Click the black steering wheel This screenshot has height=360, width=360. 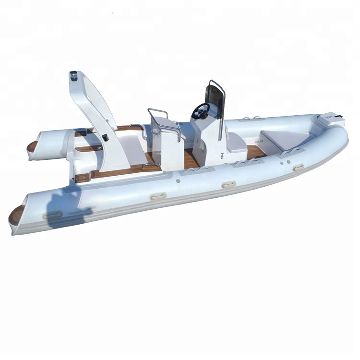coord(200,111)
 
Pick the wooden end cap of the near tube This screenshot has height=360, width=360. coord(16,215)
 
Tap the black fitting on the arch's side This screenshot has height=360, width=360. coord(105,137)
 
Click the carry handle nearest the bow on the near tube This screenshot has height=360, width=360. coord(298,167)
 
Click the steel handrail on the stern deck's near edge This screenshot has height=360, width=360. coord(151,167)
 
